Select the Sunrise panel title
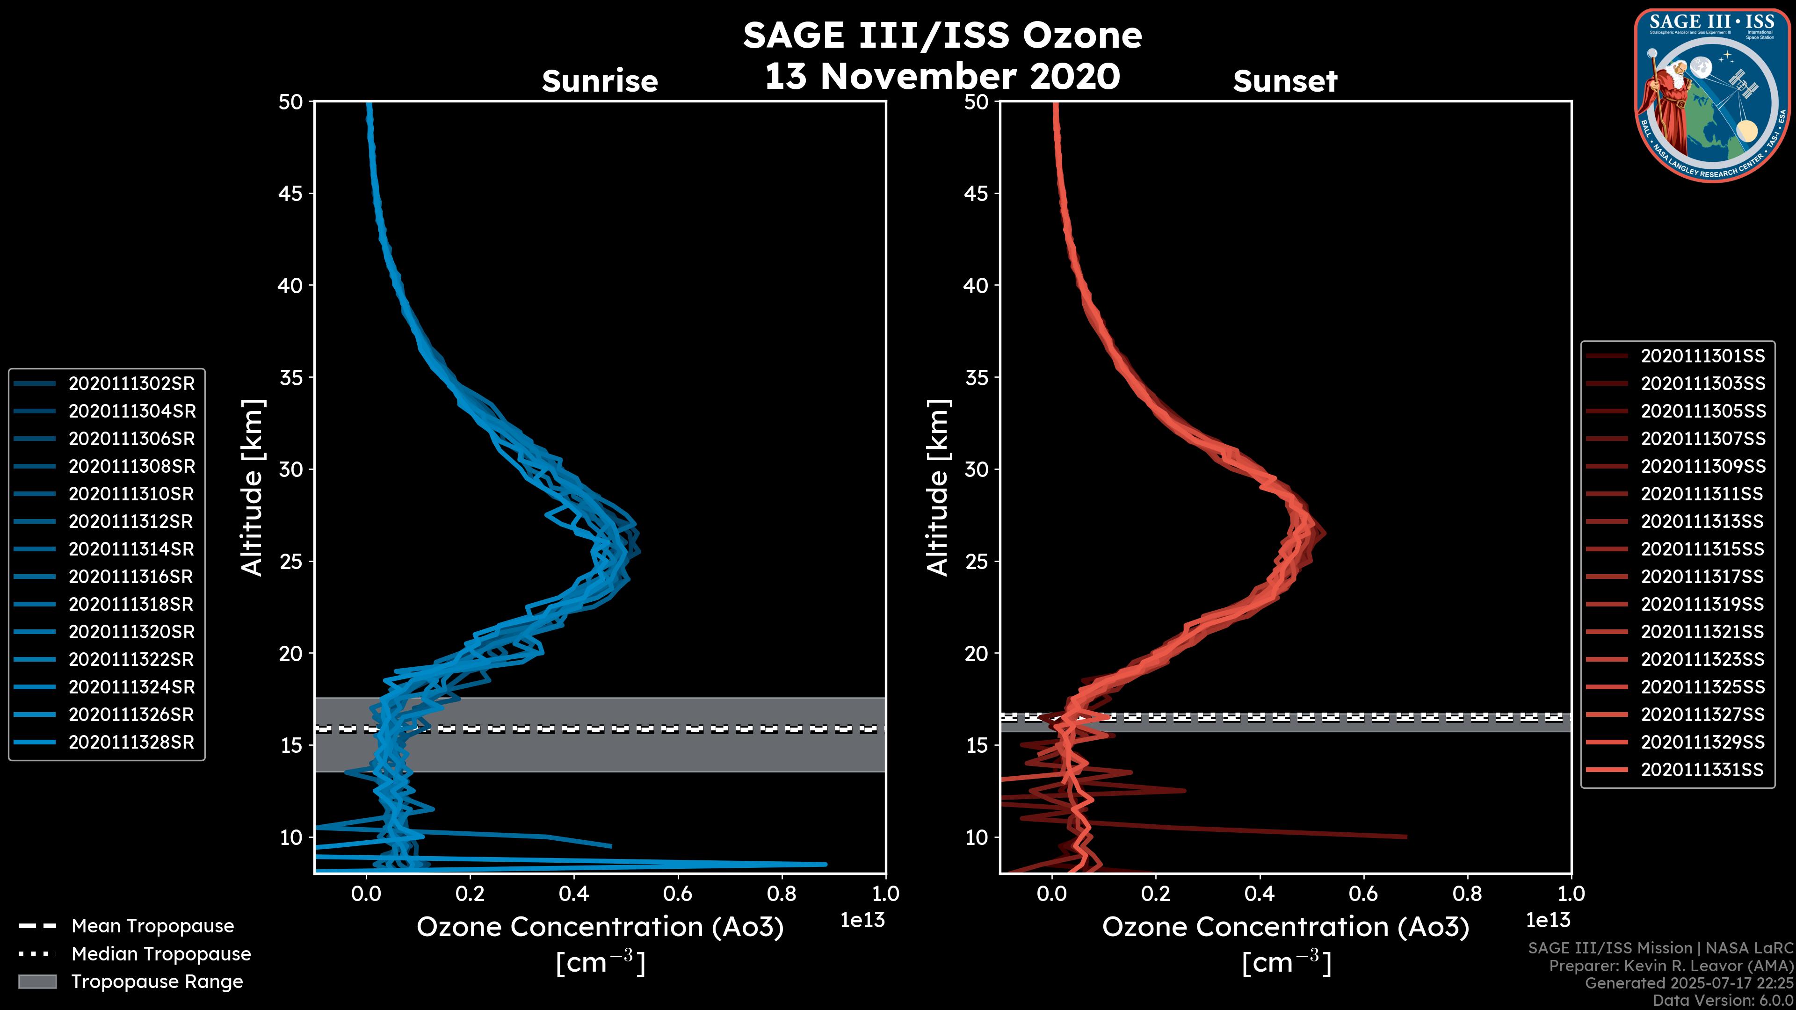point(600,81)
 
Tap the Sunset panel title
point(1285,81)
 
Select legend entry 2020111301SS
point(1702,356)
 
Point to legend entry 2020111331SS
point(1702,770)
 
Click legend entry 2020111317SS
point(1702,577)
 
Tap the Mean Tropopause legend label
point(152,926)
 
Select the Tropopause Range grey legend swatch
point(37,981)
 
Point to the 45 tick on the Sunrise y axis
point(291,193)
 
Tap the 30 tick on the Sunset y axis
point(976,469)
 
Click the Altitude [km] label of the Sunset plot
point(938,488)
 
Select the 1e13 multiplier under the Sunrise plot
point(862,920)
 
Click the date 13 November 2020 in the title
point(942,77)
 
